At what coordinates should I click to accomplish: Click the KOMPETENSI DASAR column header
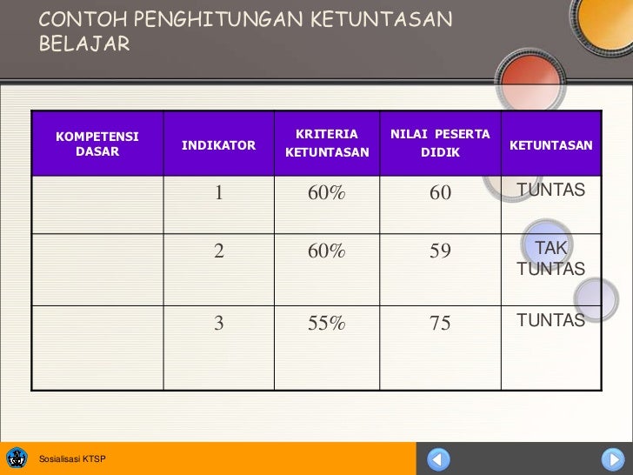[97, 144]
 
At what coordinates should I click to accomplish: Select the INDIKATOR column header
[219, 144]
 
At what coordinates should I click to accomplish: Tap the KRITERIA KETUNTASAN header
[327, 144]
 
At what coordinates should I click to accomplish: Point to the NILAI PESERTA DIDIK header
[440, 144]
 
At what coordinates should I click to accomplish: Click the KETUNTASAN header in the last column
[551, 144]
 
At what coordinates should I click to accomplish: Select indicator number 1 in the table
[220, 192]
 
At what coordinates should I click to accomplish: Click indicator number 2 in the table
[220, 251]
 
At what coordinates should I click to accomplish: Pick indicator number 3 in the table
[220, 324]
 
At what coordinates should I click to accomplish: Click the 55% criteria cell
[327, 324]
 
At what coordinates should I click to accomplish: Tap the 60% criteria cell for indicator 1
[327, 192]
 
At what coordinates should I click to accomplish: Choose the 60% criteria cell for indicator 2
[327, 251]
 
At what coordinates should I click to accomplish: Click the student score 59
[440, 251]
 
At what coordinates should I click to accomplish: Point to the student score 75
[440, 324]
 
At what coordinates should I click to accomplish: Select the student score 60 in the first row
[440, 192]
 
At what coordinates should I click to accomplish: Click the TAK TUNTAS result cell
[551, 258]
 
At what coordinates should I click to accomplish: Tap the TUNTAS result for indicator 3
[551, 321]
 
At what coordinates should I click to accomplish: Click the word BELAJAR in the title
[83, 43]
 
